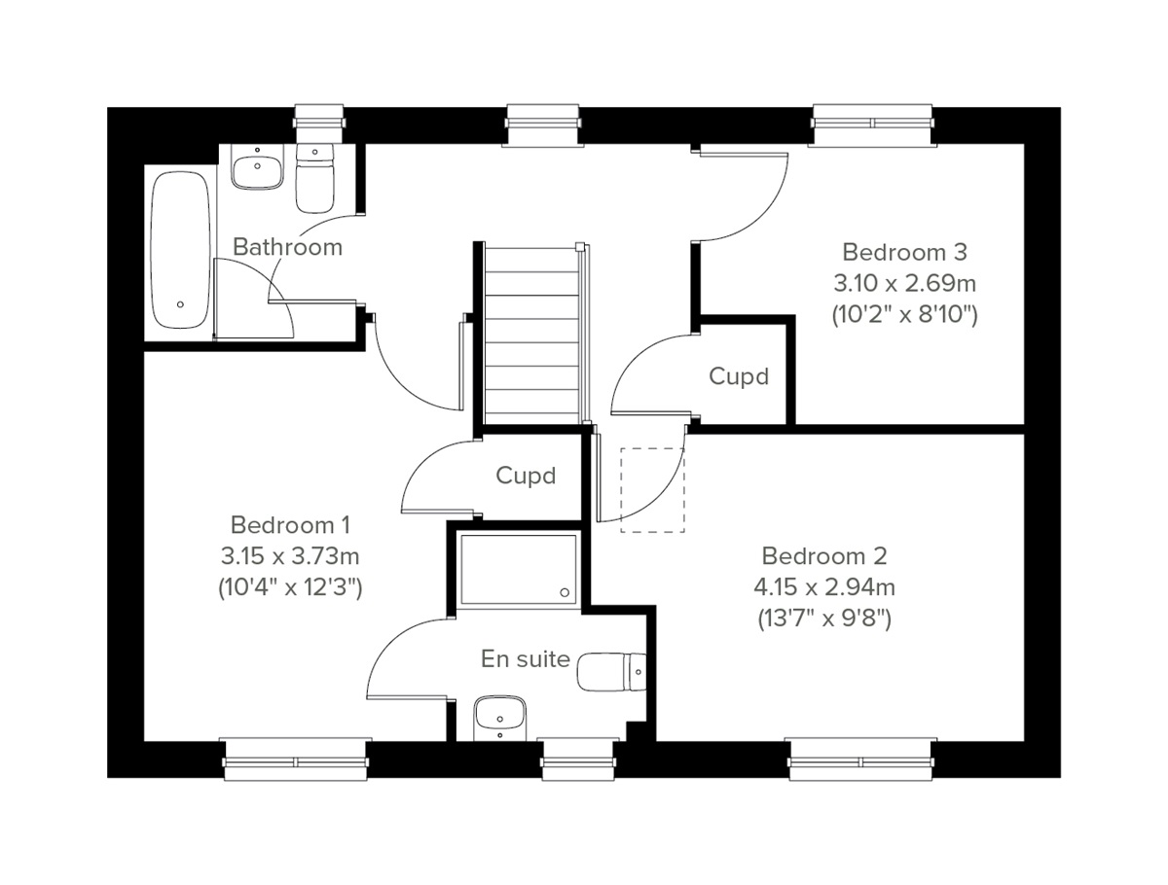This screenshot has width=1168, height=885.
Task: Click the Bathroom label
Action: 287,247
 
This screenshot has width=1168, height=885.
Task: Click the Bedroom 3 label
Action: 904,253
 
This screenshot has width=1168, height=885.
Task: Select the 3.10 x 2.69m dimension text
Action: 904,284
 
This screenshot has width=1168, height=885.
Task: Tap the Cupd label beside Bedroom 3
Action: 739,376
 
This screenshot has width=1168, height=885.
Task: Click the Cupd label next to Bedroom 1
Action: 526,476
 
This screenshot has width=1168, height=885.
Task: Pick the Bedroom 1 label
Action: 290,525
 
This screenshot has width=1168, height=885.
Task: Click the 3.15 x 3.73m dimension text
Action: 290,556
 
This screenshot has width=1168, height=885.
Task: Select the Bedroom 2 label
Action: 824,556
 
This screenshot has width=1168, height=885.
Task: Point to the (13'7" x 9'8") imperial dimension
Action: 824,619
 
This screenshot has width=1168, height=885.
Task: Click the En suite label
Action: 526,659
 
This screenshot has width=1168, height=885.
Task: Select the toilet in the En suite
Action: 611,671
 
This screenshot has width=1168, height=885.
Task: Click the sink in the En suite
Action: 500,719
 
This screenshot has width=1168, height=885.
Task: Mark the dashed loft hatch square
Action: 653,489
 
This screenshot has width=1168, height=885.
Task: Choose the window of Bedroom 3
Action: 873,124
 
